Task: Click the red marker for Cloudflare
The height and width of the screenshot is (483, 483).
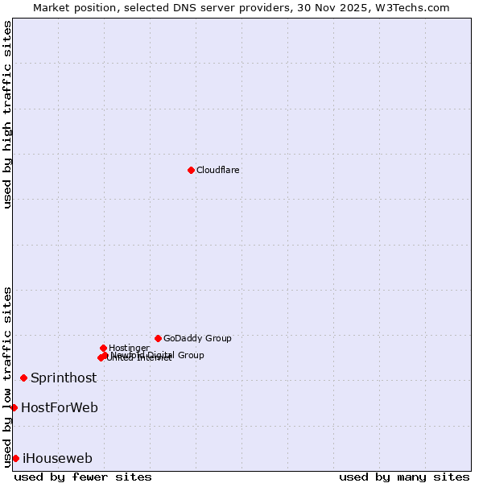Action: (191, 170)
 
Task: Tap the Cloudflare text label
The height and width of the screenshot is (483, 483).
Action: (217, 171)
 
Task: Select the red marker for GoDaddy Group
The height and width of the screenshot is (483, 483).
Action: (158, 338)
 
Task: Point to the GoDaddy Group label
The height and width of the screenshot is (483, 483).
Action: (197, 339)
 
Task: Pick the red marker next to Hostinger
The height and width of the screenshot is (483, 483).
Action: (103, 348)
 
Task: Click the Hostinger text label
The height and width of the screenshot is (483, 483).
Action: (129, 349)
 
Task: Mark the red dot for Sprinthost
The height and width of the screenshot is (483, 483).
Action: (23, 378)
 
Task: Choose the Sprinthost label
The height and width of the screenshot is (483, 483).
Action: (64, 378)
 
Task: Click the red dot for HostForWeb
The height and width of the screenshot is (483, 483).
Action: (14, 407)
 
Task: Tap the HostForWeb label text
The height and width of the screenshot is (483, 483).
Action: (60, 408)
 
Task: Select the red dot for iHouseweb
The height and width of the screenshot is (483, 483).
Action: (15, 458)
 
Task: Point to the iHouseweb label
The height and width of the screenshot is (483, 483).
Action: (57, 459)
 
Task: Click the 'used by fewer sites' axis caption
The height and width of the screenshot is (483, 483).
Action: (83, 477)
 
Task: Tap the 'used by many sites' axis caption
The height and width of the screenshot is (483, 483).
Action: (404, 477)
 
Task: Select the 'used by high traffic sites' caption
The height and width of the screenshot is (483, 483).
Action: (8, 114)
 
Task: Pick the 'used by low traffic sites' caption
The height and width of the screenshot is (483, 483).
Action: (8, 376)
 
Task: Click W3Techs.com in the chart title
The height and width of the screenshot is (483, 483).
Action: (415, 8)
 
